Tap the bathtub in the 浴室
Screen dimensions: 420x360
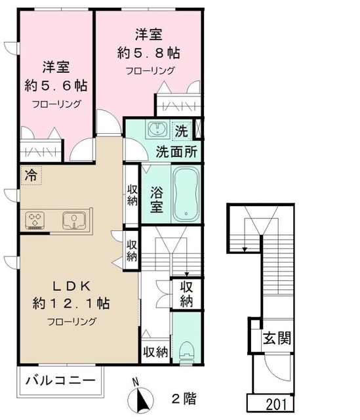point(188,194)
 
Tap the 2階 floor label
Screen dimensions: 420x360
point(183,398)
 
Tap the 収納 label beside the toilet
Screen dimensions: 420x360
point(155,352)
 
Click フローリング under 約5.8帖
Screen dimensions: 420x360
point(150,70)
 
